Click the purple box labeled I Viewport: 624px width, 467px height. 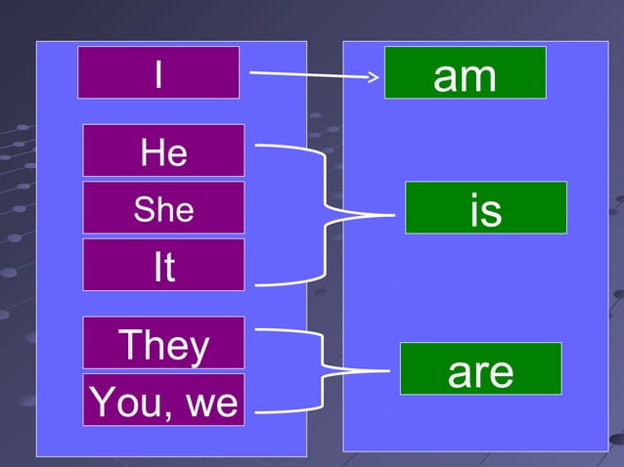158,72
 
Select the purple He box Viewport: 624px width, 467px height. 163,150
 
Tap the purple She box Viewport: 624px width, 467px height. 163,208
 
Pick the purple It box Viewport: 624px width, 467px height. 163,265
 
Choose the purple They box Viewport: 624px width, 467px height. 163,343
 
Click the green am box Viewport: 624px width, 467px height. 465,73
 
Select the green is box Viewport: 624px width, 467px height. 485,208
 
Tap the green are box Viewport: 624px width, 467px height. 480,368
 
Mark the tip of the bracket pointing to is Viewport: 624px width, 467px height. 395,215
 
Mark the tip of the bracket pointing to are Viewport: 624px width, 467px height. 391,371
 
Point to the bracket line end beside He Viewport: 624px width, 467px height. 256,146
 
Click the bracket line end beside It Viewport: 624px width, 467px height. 256,285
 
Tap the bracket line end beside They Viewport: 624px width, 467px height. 256,330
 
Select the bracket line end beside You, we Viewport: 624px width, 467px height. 256,412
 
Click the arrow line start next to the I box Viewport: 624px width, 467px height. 251,72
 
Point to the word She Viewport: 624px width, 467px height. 163,209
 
